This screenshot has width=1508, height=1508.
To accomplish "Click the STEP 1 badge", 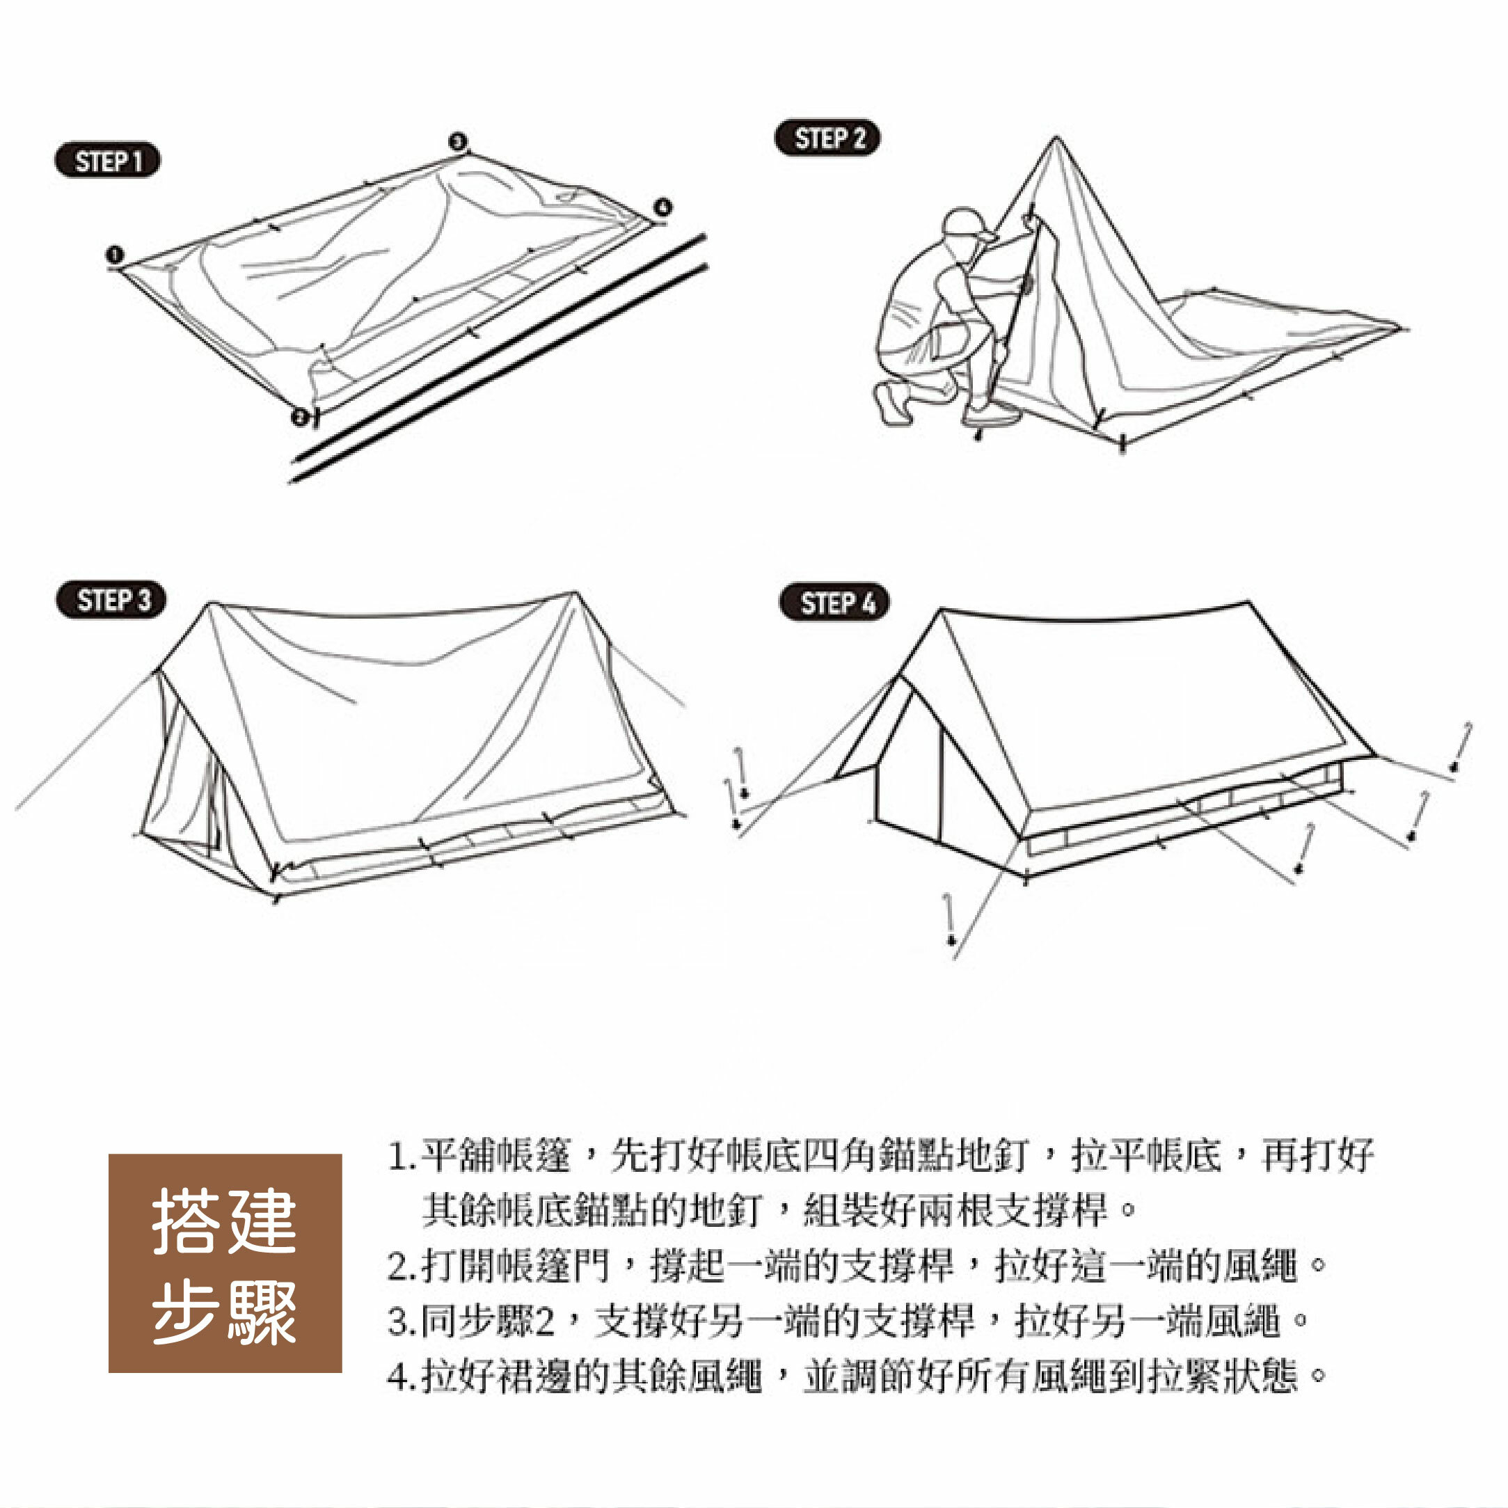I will point(107,161).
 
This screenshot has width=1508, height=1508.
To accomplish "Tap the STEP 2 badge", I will point(827,138).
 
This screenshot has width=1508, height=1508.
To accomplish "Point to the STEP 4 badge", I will point(834,603).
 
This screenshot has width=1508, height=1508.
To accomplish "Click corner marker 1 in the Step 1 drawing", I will point(115,255).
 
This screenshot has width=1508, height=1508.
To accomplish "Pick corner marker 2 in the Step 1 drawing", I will point(300,416).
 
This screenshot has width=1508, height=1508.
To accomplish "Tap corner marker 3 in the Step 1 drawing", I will point(458,142).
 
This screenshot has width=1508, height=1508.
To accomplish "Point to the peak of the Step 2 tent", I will point(1056,141).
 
